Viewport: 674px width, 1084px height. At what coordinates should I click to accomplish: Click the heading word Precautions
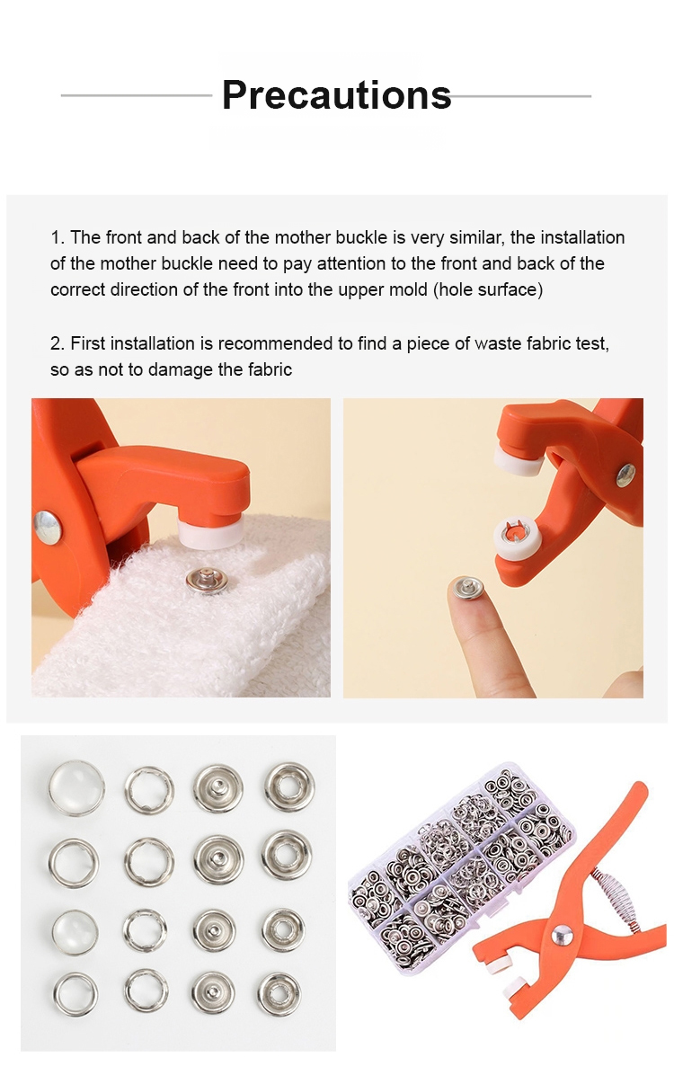(336, 95)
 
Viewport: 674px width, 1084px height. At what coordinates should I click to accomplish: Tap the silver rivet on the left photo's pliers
(49, 526)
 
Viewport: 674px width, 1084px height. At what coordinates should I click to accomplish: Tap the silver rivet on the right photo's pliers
(626, 475)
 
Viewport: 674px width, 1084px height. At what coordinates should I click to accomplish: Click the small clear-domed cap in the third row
(75, 931)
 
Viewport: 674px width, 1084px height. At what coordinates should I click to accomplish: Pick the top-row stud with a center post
(217, 788)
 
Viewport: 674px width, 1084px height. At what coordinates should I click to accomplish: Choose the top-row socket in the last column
(289, 787)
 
